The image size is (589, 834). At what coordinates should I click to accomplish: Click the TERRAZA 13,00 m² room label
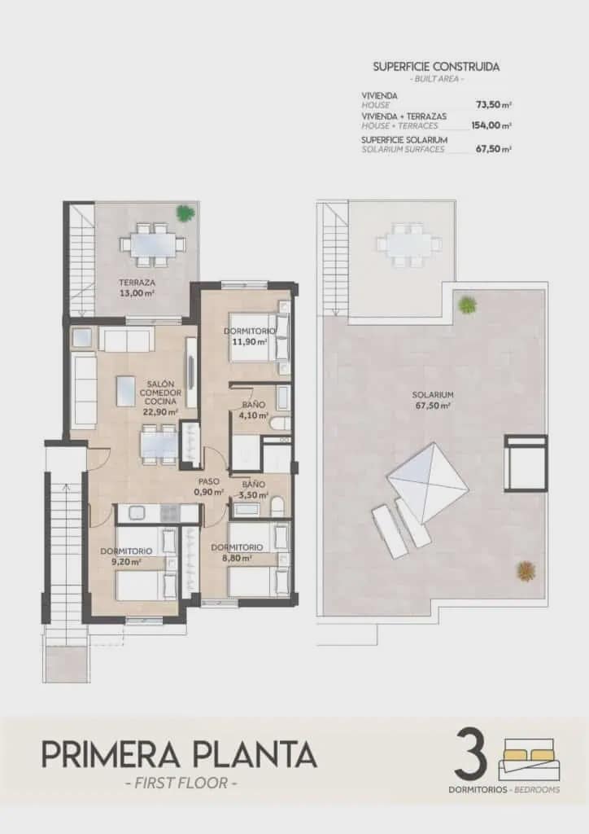coord(136,288)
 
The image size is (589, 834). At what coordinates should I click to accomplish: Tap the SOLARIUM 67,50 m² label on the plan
coord(432,400)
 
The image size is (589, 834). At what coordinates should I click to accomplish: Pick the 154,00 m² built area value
coord(491,125)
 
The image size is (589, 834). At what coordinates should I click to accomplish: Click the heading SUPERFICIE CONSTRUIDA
coord(436,67)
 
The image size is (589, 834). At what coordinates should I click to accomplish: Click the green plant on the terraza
coord(185,213)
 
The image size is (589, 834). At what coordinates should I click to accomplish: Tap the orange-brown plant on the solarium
coord(526,570)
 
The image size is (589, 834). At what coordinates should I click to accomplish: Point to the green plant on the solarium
coord(467,305)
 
